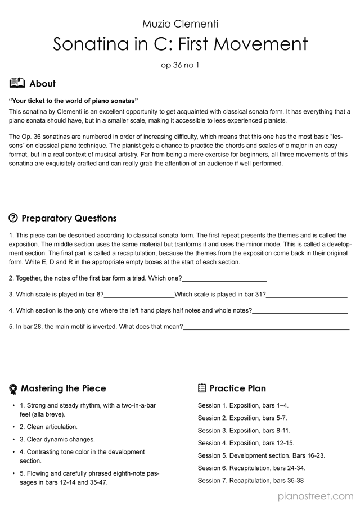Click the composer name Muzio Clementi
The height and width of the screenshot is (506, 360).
tap(180, 24)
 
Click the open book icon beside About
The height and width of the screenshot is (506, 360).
tap(17, 83)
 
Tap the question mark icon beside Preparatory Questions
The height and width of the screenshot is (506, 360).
tap(13, 218)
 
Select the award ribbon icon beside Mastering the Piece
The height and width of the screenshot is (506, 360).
tap(13, 388)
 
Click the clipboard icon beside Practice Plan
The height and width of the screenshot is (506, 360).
tap(202, 388)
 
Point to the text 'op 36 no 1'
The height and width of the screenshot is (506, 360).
tap(180, 65)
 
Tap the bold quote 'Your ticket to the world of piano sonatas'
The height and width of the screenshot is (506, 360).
tap(74, 101)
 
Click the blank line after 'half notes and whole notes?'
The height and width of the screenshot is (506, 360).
tap(300, 311)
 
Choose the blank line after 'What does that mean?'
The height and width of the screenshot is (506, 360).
tap(266, 327)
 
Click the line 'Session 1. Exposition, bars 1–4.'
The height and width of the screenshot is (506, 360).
tap(243, 405)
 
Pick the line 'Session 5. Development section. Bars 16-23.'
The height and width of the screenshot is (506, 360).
tap(261, 455)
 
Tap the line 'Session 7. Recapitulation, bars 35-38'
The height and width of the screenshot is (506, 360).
tap(251, 481)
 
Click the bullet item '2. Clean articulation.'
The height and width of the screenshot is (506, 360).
tap(48, 427)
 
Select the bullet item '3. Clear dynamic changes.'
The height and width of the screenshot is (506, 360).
tap(57, 439)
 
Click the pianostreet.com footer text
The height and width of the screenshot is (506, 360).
tap(316, 496)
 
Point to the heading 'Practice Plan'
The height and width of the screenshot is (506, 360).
tap(237, 388)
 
